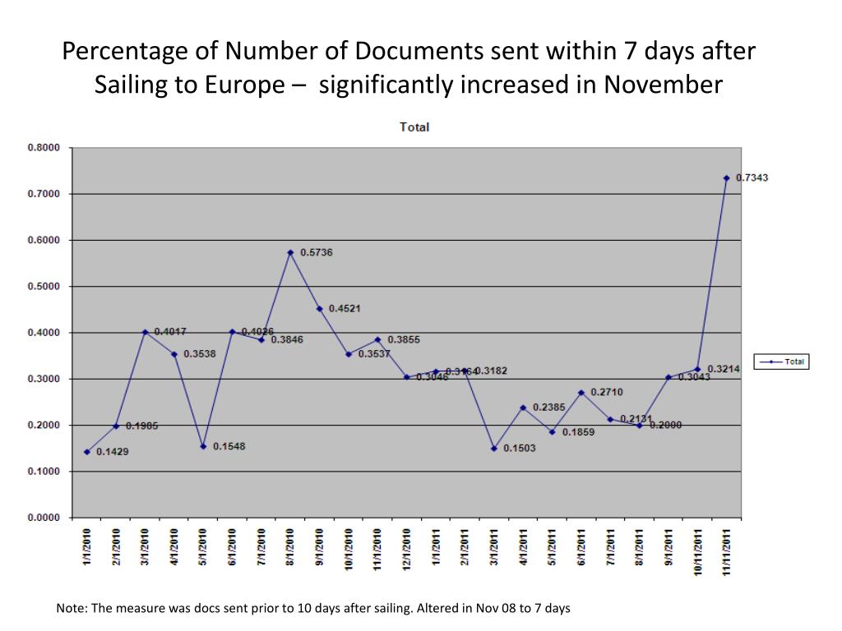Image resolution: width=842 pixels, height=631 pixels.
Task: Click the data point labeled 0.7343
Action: point(727,177)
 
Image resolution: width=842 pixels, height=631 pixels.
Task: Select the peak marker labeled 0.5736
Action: point(290,252)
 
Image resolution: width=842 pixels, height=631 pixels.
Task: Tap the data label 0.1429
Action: point(113,452)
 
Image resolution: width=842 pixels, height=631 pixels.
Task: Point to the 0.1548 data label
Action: point(229,446)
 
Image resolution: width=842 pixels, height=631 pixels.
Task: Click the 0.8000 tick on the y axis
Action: point(45,148)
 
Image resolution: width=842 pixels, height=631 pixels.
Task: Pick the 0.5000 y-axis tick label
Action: point(45,287)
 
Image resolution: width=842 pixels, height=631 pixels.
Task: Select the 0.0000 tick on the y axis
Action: point(45,518)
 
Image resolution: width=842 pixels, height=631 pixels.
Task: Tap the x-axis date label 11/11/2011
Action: point(727,551)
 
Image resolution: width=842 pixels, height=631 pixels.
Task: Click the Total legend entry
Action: point(781,362)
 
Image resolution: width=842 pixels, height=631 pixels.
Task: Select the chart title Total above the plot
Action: point(414,127)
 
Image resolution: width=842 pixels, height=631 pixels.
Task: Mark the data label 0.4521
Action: point(345,308)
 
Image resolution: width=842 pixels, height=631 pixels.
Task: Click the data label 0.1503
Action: point(520,448)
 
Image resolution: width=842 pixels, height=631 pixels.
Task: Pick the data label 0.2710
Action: point(607,392)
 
